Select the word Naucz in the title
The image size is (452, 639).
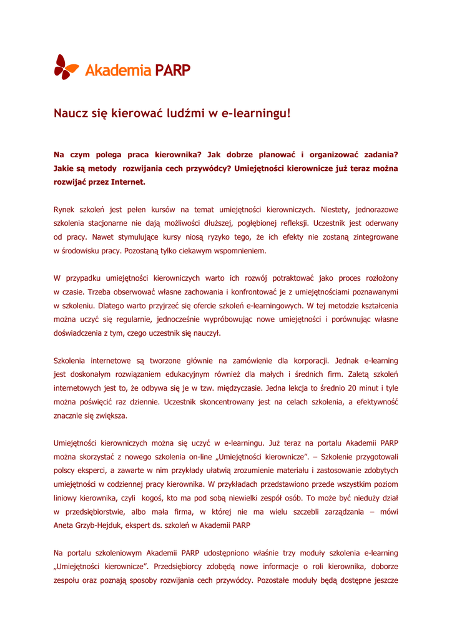71,114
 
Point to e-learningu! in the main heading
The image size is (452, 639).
258,114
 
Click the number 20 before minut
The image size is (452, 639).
345,388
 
